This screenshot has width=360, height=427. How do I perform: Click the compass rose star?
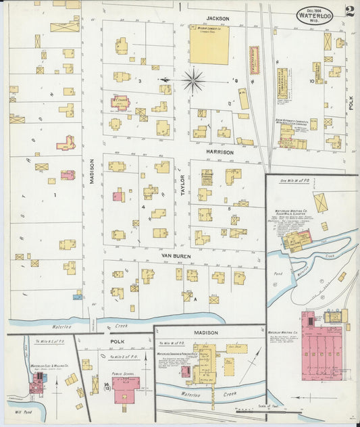coord(194,81)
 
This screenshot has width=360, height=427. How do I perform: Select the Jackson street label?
coord(218,18)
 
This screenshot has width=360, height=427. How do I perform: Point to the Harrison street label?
coord(220,153)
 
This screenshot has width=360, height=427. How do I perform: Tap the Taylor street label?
coord(181,183)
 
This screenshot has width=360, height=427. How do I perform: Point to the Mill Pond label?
coord(15,411)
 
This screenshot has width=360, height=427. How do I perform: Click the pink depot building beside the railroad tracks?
coord(255,60)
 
